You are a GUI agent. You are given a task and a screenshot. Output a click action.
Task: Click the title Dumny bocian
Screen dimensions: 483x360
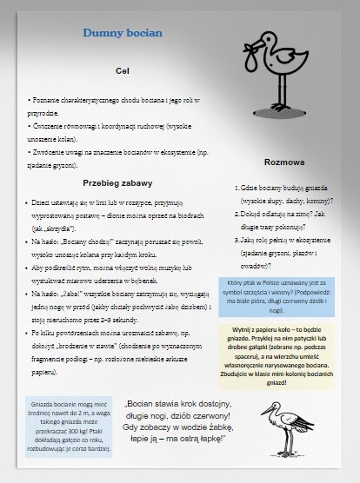click(x=123, y=33)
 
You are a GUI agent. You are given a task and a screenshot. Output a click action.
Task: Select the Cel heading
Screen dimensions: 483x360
click(x=122, y=69)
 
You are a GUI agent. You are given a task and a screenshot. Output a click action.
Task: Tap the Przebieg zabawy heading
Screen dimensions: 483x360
click(x=118, y=182)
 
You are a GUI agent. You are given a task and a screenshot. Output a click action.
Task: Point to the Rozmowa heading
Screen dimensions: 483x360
click(x=283, y=162)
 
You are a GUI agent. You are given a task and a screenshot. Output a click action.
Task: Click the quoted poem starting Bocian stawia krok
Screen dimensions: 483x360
click(x=178, y=421)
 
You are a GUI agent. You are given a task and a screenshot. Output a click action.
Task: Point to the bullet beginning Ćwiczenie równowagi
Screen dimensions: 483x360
click(x=122, y=131)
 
